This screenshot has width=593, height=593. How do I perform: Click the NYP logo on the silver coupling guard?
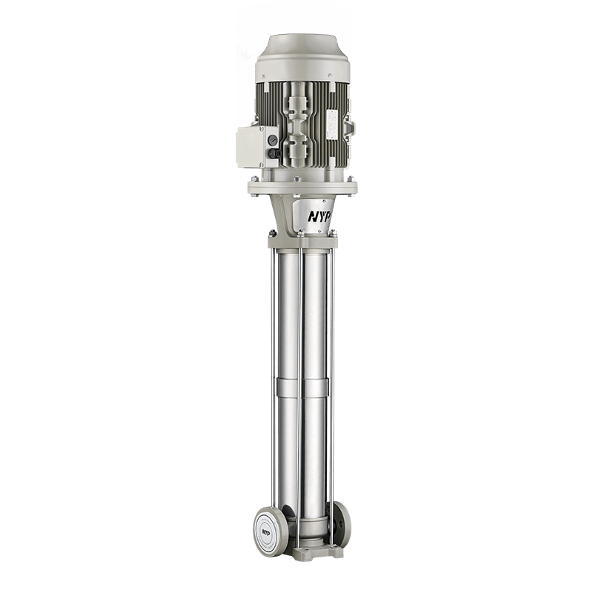click(319, 216)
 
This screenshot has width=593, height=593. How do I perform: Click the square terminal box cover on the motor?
click(250, 147)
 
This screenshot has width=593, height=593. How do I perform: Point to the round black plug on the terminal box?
click(271, 140)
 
